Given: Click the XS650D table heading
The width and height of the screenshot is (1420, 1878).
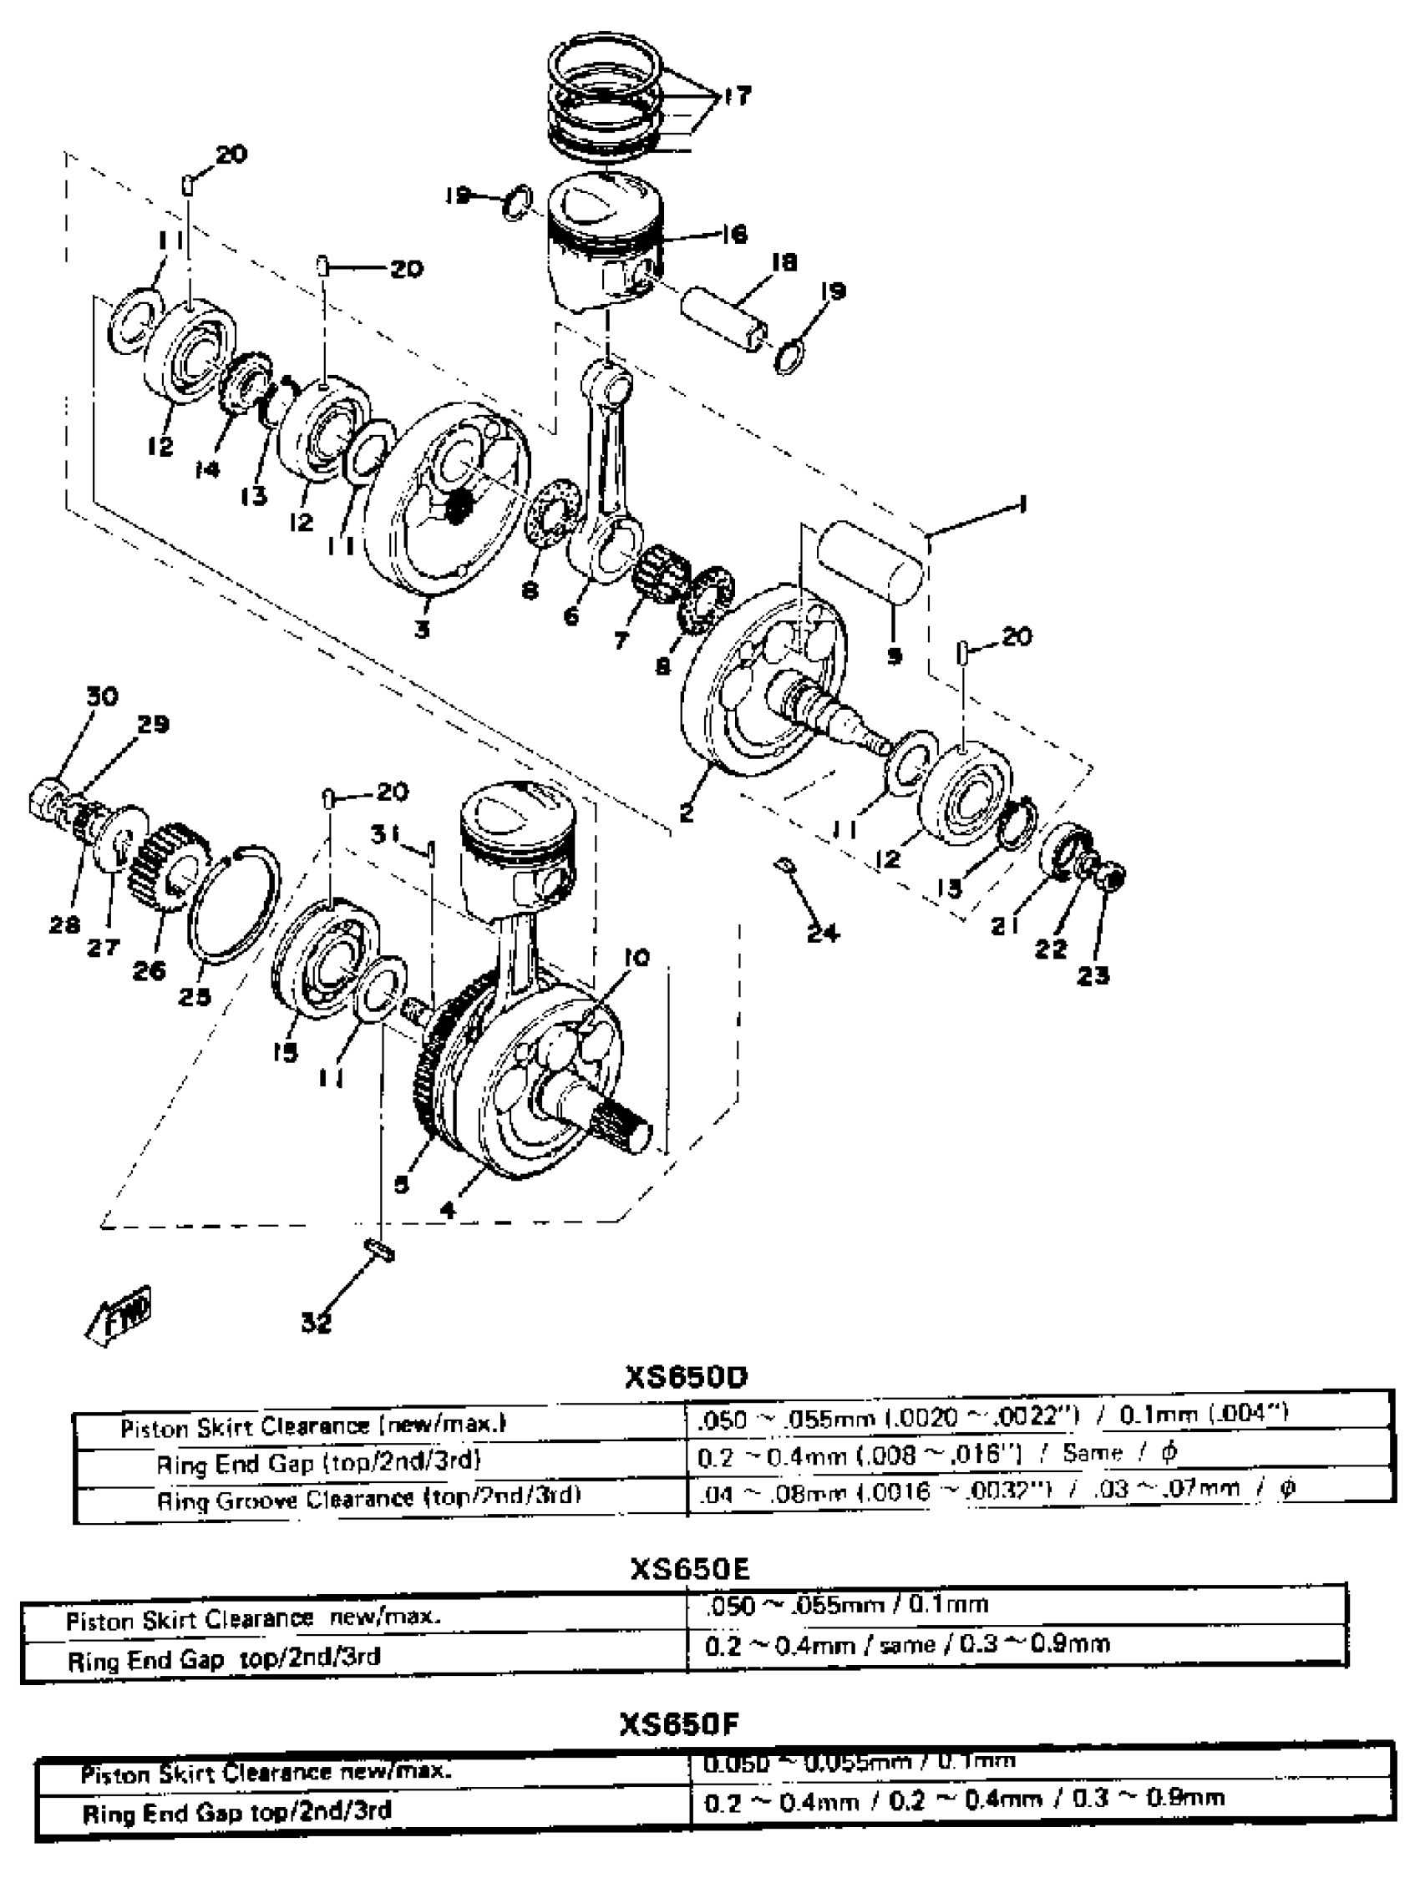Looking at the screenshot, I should point(686,1376).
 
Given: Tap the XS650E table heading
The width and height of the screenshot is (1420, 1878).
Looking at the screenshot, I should point(690,1568).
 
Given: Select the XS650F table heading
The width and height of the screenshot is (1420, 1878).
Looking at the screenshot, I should point(679,1724).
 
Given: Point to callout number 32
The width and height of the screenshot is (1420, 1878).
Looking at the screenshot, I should point(316,1322).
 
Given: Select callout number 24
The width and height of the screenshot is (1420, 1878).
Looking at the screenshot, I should point(822,934).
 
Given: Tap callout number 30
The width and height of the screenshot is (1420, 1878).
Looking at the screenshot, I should point(102,696).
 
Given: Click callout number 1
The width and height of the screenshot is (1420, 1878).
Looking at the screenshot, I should point(1022,505).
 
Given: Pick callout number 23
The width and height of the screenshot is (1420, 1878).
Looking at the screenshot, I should point(1093,975).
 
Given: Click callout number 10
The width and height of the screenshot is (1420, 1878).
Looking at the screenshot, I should point(636,958).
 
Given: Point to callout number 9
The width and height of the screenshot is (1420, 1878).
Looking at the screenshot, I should point(895,656).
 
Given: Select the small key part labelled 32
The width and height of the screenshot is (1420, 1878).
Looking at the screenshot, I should point(378,1251).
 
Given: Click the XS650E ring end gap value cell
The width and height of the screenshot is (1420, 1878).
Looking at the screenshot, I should point(906,1644).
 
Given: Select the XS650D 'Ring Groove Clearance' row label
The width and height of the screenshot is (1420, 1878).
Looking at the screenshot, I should point(368,1496).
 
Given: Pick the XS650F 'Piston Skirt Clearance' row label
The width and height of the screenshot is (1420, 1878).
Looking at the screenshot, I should point(266,1773).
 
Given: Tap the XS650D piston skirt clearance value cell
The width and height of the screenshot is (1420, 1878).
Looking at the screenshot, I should point(992,1415).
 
